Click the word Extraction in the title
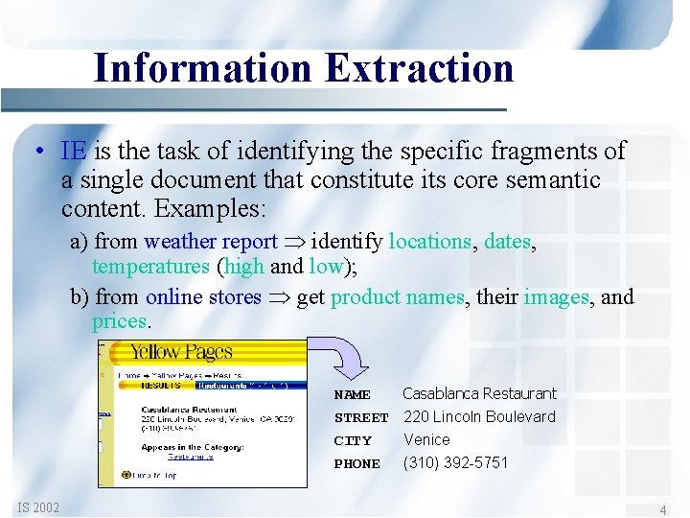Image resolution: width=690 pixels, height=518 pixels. point(419,68)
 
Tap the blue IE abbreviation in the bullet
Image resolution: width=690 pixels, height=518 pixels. point(74,151)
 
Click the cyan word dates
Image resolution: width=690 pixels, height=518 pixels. point(509,242)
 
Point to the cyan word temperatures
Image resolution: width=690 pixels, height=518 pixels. point(150,266)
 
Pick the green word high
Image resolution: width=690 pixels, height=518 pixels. point(243,266)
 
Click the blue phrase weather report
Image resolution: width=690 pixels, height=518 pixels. point(210,242)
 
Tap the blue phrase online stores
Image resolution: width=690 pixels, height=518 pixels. point(203,296)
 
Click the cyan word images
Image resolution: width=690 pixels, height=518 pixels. point(556,296)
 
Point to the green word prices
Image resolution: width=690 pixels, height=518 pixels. point(120,320)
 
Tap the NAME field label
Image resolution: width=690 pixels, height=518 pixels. point(352,394)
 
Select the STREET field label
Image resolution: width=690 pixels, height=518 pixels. point(360,417)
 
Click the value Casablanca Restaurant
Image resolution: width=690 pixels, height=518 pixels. point(479,393)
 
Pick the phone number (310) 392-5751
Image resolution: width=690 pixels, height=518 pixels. point(455,462)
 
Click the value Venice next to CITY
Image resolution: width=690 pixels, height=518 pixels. point(426,439)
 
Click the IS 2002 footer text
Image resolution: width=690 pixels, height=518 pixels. point(37,506)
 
